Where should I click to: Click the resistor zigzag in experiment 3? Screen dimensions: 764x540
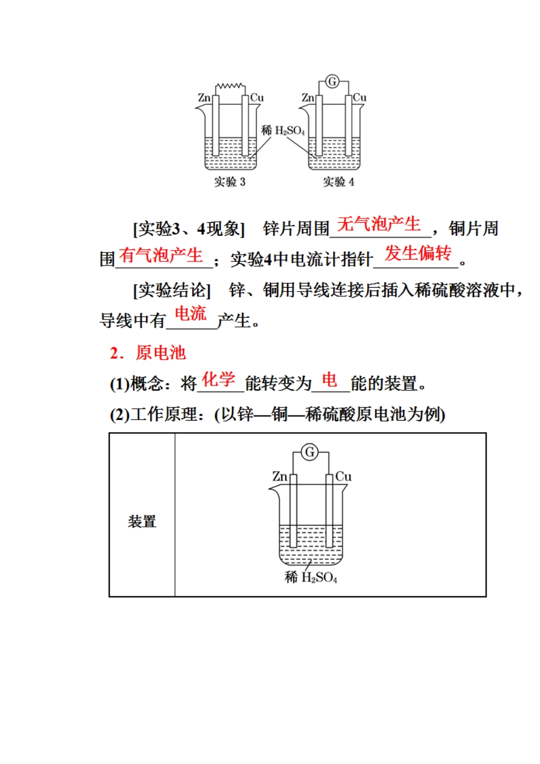click(230, 86)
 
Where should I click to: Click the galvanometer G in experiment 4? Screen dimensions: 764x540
click(333, 82)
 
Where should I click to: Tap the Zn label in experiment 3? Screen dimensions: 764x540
click(204, 98)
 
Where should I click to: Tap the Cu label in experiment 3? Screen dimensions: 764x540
click(257, 98)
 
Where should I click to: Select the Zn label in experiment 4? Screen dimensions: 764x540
click(308, 98)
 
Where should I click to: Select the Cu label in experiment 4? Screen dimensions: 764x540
click(360, 98)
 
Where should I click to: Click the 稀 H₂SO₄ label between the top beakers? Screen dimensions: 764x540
click(283, 131)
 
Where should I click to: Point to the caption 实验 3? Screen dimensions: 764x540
click(230, 182)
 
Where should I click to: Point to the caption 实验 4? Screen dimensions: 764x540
click(339, 182)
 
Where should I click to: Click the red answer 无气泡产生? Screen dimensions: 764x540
click(379, 224)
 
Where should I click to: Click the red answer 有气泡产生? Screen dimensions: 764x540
click(161, 255)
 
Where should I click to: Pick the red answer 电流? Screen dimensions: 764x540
click(190, 313)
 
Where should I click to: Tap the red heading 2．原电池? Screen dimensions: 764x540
click(148, 353)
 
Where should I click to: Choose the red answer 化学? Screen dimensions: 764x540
click(218, 380)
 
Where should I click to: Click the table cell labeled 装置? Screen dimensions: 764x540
click(142, 521)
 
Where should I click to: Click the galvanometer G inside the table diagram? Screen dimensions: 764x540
click(310, 452)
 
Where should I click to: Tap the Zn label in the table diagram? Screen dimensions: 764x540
click(280, 476)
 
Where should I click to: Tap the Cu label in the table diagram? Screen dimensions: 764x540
click(343, 476)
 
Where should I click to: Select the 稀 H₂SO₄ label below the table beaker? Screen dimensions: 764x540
click(311, 578)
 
